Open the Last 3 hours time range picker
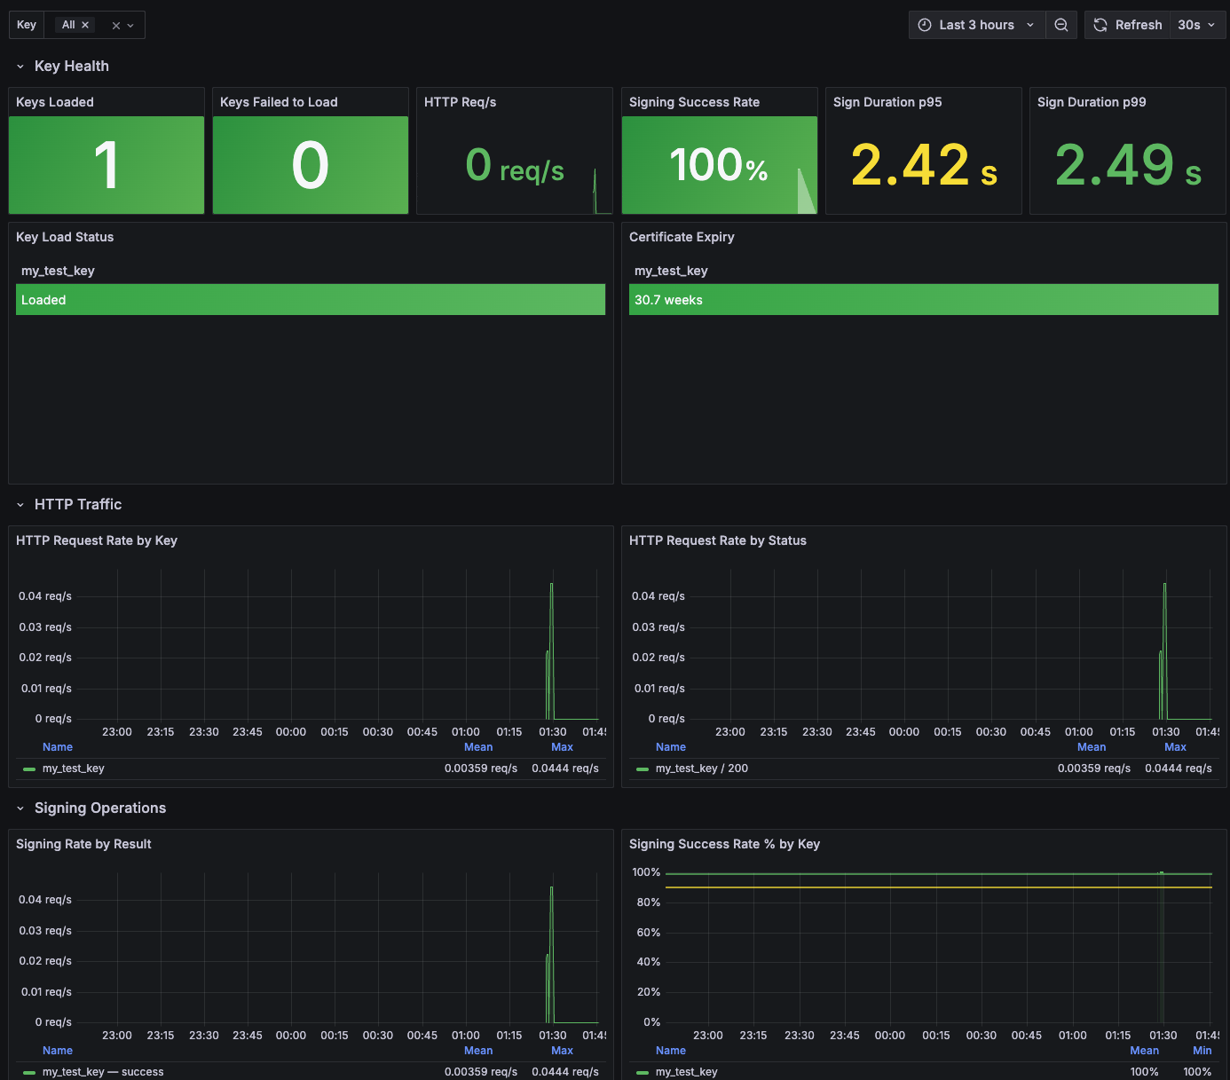point(976,25)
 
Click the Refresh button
point(1127,25)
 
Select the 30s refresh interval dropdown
point(1196,25)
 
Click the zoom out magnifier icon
point(1060,25)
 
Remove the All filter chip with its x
point(85,25)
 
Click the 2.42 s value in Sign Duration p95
point(924,165)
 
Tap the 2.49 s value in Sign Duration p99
point(1127,165)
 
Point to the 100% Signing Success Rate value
point(719,165)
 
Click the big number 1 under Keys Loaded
point(106,165)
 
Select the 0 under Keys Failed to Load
point(311,165)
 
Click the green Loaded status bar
point(311,299)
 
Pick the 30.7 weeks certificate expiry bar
point(924,299)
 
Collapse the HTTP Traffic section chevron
point(20,504)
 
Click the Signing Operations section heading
point(100,808)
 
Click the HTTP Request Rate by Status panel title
point(718,540)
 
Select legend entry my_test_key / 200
point(701,769)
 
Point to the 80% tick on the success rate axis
point(648,903)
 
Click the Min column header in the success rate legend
point(1202,1050)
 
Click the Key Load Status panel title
point(65,237)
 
